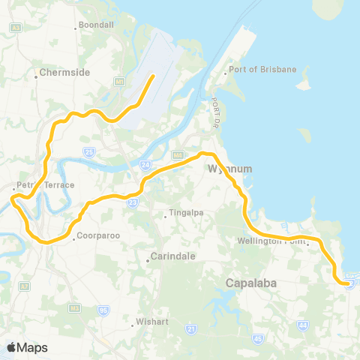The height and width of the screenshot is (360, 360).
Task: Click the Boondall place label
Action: [x=97, y=25]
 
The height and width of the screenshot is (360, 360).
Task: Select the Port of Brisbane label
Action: [x=263, y=70]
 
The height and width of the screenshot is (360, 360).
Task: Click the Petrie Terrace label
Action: [x=46, y=184]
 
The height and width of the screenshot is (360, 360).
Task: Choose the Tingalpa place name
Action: [x=184, y=217]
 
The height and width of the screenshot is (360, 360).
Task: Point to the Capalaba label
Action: [x=248, y=283]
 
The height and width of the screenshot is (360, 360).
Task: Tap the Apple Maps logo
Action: [x=27, y=347]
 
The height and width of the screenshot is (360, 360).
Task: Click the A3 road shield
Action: [x=15, y=27]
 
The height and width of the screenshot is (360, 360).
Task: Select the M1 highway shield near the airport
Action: [x=118, y=81]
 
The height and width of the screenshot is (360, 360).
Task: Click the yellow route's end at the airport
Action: [x=153, y=76]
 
